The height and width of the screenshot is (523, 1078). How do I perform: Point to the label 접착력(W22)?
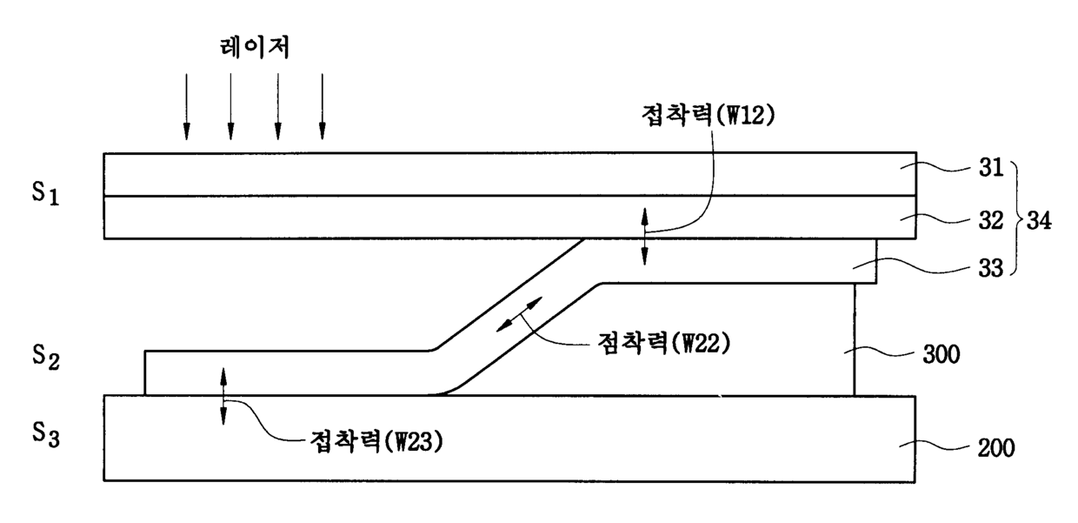click(x=662, y=343)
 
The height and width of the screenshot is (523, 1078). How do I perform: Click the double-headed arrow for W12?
click(x=644, y=236)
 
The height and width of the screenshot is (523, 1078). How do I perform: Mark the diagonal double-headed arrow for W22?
click(x=520, y=313)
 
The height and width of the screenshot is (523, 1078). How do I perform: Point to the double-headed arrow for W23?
click(x=223, y=396)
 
